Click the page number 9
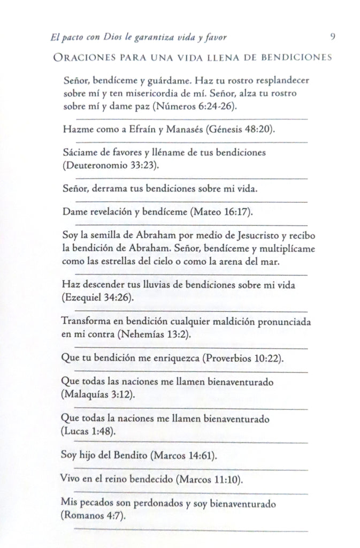point(333,37)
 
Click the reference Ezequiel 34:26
point(98,297)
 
